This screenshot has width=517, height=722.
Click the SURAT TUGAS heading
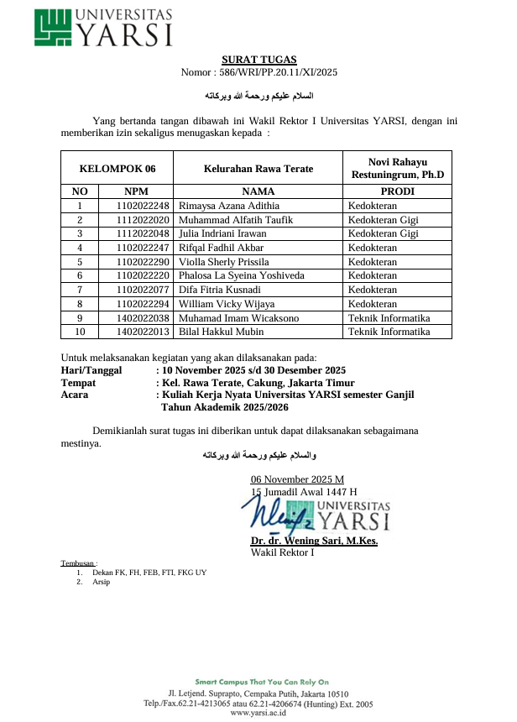pyautogui.click(x=258, y=60)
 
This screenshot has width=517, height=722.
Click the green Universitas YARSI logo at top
pyautogui.click(x=104, y=28)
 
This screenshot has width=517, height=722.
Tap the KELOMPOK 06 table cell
pyautogui.click(x=117, y=168)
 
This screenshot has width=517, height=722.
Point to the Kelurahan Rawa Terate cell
pyautogui.click(x=258, y=168)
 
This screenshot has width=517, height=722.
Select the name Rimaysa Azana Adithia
pyautogui.click(x=229, y=206)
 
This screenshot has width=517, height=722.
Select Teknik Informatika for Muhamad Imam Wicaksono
pyautogui.click(x=389, y=318)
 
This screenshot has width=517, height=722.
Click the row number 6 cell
pyautogui.click(x=80, y=275)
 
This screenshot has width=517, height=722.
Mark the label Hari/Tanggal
pyautogui.click(x=91, y=370)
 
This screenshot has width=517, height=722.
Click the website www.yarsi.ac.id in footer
pyautogui.click(x=258, y=713)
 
